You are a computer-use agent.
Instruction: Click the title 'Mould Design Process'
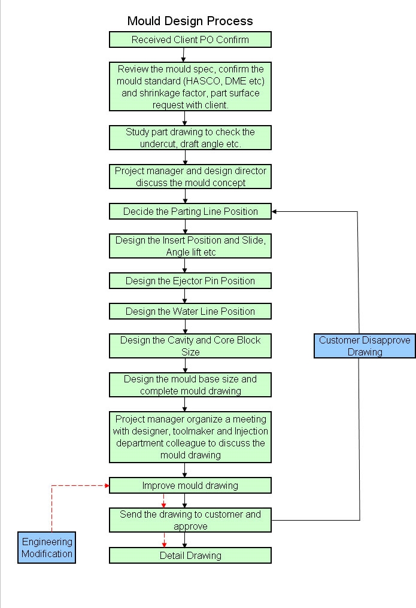(190, 21)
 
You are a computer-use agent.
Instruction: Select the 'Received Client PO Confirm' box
(190, 40)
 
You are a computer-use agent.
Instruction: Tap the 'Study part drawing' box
(190, 138)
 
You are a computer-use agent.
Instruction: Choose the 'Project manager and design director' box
(190, 177)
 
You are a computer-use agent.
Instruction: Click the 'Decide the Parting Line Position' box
(190, 211)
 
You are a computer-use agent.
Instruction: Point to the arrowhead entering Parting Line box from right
(275, 211)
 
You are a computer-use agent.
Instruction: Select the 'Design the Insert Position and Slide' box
(190, 246)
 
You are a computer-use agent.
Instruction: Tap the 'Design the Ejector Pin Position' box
(190, 281)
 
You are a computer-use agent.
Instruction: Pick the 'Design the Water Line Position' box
(190, 311)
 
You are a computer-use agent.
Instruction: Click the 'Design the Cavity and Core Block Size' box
(190, 346)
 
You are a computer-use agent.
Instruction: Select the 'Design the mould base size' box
(190, 385)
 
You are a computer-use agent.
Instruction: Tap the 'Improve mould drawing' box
(190, 485)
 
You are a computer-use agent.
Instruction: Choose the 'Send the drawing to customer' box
(190, 520)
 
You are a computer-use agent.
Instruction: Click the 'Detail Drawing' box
(190, 555)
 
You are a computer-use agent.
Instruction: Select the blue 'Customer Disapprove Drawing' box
(365, 346)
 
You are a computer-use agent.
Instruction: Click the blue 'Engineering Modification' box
(47, 548)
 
